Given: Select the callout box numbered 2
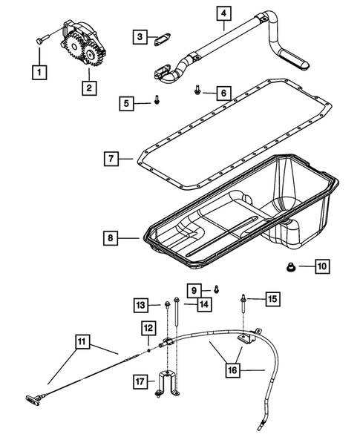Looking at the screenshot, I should [x=89, y=88].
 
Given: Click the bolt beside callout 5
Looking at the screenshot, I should [x=158, y=100].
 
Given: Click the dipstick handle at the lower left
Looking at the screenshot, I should [x=34, y=400].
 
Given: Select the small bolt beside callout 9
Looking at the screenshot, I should [x=215, y=288].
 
